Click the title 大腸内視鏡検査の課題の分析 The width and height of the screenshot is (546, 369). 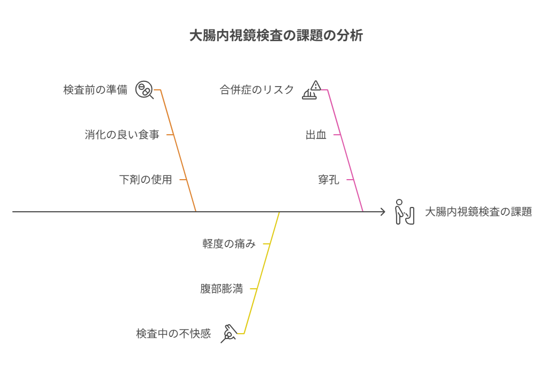276,35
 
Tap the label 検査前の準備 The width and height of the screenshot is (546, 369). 95,90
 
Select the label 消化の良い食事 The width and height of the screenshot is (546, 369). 122,135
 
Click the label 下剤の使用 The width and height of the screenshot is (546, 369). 146,180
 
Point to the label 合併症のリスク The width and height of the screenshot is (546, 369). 257,90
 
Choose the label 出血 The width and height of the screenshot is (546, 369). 316,135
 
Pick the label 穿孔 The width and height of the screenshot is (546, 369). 329,180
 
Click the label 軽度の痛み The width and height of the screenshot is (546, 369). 229,244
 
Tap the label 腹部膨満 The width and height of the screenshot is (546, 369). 222,289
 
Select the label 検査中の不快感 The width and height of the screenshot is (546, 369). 173,334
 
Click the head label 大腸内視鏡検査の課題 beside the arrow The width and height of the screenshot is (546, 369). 479,211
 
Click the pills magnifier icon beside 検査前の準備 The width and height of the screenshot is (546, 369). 145,90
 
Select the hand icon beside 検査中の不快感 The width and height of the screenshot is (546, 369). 229,334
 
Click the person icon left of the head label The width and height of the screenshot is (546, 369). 405,212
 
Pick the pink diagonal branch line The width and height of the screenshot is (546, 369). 345,150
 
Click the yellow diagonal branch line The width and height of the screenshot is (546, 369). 262,273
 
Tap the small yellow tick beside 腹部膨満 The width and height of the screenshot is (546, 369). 254,289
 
